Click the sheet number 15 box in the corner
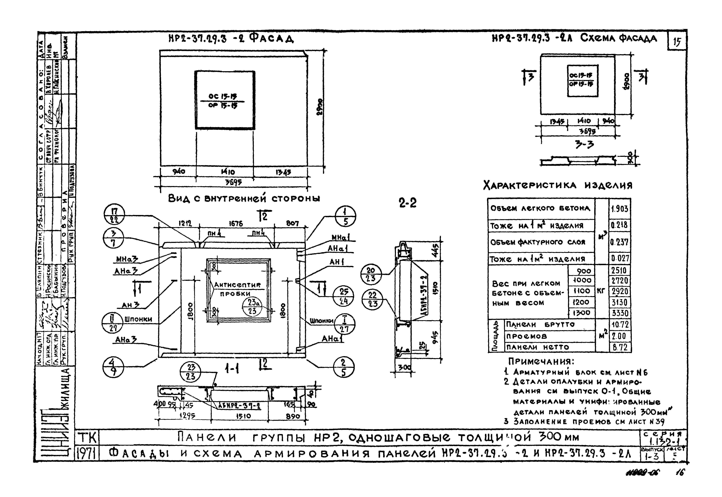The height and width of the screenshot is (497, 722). tap(677, 41)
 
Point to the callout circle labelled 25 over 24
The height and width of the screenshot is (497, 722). tap(344, 296)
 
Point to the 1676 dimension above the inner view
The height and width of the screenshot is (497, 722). tap(236, 224)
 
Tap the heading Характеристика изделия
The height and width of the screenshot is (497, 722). tap(558, 186)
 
